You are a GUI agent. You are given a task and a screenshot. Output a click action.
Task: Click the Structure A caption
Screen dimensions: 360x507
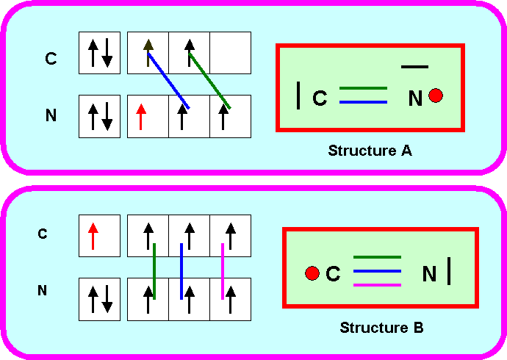click(x=370, y=151)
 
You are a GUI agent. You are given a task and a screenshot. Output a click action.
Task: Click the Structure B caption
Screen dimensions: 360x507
click(x=381, y=327)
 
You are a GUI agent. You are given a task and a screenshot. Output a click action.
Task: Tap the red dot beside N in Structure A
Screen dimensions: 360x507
click(x=436, y=96)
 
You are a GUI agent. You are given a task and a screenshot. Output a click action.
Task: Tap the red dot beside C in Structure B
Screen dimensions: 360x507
click(x=312, y=273)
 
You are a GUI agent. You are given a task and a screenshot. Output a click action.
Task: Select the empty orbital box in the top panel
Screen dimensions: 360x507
click(x=231, y=53)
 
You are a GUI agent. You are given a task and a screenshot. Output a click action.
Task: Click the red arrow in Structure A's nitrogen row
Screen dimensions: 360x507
click(x=142, y=116)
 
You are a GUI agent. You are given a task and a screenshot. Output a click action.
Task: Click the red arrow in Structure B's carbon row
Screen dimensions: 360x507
click(x=93, y=236)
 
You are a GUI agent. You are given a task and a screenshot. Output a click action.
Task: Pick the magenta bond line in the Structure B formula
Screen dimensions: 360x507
click(x=378, y=284)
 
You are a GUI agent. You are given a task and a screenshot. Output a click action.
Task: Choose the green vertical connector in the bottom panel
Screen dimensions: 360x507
click(x=154, y=272)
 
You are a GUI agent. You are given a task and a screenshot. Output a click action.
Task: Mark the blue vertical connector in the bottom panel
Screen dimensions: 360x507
click(x=181, y=272)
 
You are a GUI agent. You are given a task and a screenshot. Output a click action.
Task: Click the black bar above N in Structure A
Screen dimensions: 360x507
click(x=414, y=67)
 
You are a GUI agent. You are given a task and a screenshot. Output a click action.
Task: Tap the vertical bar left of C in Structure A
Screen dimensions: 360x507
click(x=298, y=96)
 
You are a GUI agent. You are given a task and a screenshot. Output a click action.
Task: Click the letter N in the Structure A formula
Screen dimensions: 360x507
click(x=415, y=98)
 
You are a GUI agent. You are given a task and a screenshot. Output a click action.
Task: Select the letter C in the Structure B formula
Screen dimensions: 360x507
click(x=333, y=274)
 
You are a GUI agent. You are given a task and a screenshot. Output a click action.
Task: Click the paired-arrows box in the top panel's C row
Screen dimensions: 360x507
click(x=100, y=53)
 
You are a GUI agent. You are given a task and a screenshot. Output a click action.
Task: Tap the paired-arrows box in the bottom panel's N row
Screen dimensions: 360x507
click(x=100, y=299)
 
